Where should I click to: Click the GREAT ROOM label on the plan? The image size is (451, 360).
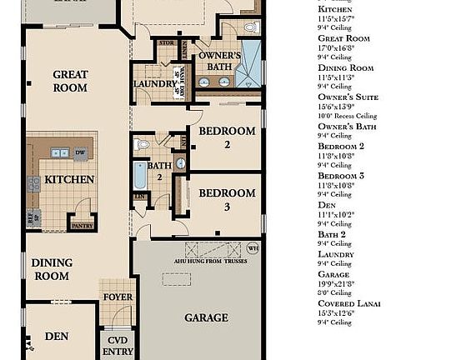click(70, 81)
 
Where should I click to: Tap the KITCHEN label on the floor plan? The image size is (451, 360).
click(69, 179)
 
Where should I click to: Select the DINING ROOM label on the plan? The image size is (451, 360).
click(52, 269)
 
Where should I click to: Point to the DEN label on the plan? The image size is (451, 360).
click(57, 336)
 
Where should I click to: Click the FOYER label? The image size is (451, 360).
click(117, 297)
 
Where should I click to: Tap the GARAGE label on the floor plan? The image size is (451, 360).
click(206, 317)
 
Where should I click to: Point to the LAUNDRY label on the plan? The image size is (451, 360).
click(153, 85)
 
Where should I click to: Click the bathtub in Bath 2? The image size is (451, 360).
click(140, 177)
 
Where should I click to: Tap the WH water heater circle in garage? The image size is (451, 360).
click(254, 247)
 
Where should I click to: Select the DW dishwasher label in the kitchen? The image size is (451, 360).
click(80, 152)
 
